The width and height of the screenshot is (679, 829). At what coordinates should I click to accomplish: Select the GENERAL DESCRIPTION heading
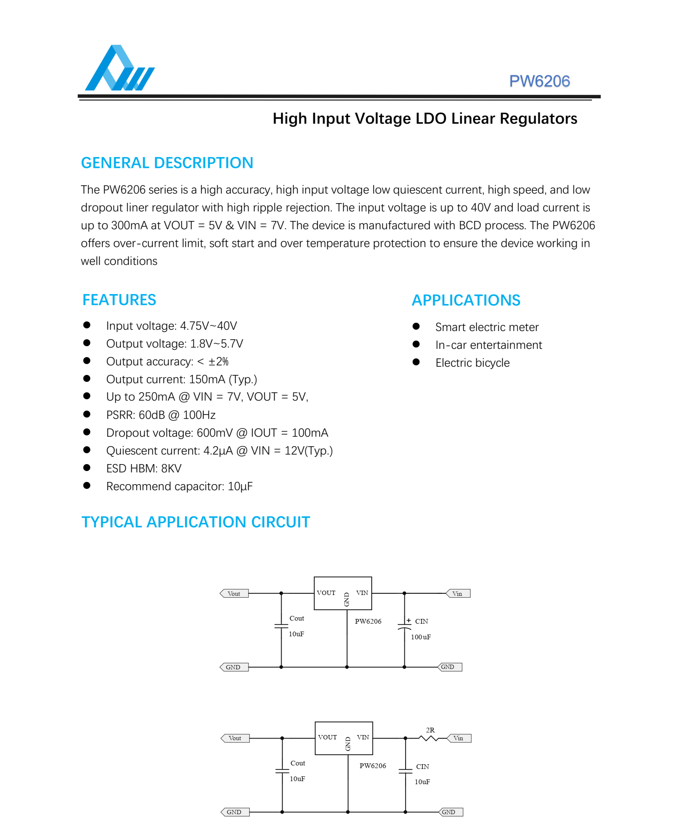coord(167,163)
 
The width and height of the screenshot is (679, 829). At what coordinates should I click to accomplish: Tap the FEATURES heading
coord(119,300)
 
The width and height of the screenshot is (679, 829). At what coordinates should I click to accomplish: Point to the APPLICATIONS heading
coord(466,301)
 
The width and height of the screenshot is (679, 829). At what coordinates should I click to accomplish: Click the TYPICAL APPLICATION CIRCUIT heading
coord(195,522)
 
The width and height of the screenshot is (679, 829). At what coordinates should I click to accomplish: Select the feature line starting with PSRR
coord(161,415)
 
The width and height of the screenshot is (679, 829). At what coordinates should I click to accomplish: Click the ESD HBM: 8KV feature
coord(144,468)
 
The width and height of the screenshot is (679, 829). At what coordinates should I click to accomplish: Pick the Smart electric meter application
coord(487,327)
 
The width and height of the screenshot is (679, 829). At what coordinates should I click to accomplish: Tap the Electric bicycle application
coord(472,363)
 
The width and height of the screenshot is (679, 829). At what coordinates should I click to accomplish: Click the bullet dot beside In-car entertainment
coord(416,344)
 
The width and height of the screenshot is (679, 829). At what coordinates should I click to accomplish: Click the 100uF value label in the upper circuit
coord(420,637)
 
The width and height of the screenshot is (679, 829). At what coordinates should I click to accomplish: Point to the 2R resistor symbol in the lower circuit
coord(429,738)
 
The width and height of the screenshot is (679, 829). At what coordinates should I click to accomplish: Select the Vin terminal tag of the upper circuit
coord(458,594)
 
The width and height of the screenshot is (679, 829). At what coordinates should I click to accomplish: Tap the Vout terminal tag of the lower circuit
coord(235,739)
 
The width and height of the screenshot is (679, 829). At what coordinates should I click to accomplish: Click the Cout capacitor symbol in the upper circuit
coord(281,626)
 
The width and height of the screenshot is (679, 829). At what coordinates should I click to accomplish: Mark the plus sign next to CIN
coord(409,621)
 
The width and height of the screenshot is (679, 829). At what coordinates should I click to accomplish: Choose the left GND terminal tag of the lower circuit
coord(235,812)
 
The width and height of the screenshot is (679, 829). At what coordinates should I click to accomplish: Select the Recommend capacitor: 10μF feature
coord(179,486)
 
